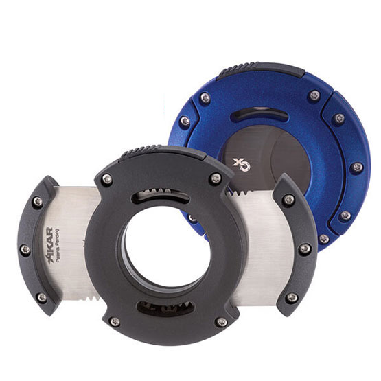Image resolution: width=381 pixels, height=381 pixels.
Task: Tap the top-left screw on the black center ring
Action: (x=107, y=179)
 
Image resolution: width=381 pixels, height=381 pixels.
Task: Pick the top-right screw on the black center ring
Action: (x=216, y=178)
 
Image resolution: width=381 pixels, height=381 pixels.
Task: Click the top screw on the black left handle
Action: (x=37, y=201)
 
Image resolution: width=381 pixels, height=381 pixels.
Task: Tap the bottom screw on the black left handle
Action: (x=41, y=297)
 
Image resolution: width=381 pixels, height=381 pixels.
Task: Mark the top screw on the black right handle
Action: (x=289, y=200)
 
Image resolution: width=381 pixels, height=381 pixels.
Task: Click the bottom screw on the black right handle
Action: (x=292, y=297)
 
